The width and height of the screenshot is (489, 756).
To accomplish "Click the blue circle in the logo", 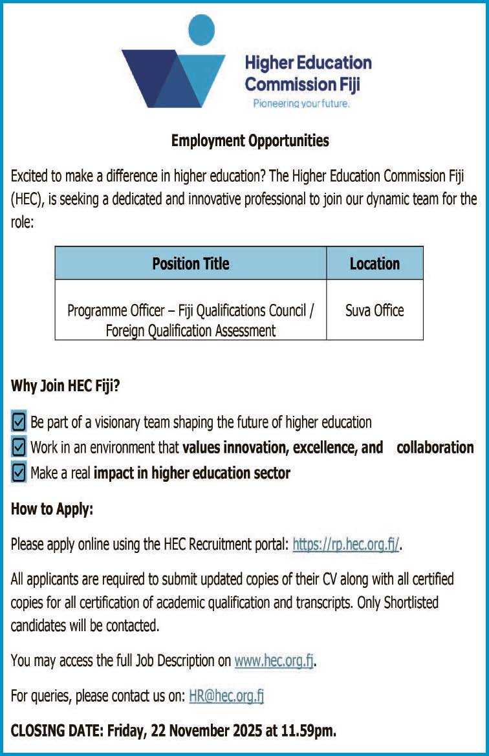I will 201,30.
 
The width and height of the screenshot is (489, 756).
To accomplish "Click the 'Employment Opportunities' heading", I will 250,140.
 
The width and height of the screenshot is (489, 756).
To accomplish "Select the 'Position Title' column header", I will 191,263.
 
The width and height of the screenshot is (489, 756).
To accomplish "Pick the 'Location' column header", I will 375,263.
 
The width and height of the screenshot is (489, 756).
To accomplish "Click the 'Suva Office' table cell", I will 375,310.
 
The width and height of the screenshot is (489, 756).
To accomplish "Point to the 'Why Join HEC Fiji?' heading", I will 65,387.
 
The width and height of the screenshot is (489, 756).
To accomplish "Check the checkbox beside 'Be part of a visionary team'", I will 19,422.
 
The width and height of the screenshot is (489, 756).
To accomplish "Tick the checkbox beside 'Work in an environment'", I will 19,448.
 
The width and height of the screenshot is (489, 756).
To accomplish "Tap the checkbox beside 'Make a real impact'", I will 19,473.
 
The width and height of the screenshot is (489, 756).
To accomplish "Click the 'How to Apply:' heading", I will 52,509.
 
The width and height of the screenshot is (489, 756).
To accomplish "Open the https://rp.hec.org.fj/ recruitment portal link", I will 346,545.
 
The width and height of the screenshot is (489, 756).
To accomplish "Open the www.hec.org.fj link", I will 274,661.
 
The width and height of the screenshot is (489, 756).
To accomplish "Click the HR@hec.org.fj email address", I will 226,697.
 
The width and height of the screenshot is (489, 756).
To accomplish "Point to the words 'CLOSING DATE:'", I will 56,731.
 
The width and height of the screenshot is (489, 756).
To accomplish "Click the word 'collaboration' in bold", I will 435,448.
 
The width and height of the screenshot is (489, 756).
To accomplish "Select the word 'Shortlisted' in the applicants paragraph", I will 411,603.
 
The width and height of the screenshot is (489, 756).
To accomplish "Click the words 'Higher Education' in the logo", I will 308,63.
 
